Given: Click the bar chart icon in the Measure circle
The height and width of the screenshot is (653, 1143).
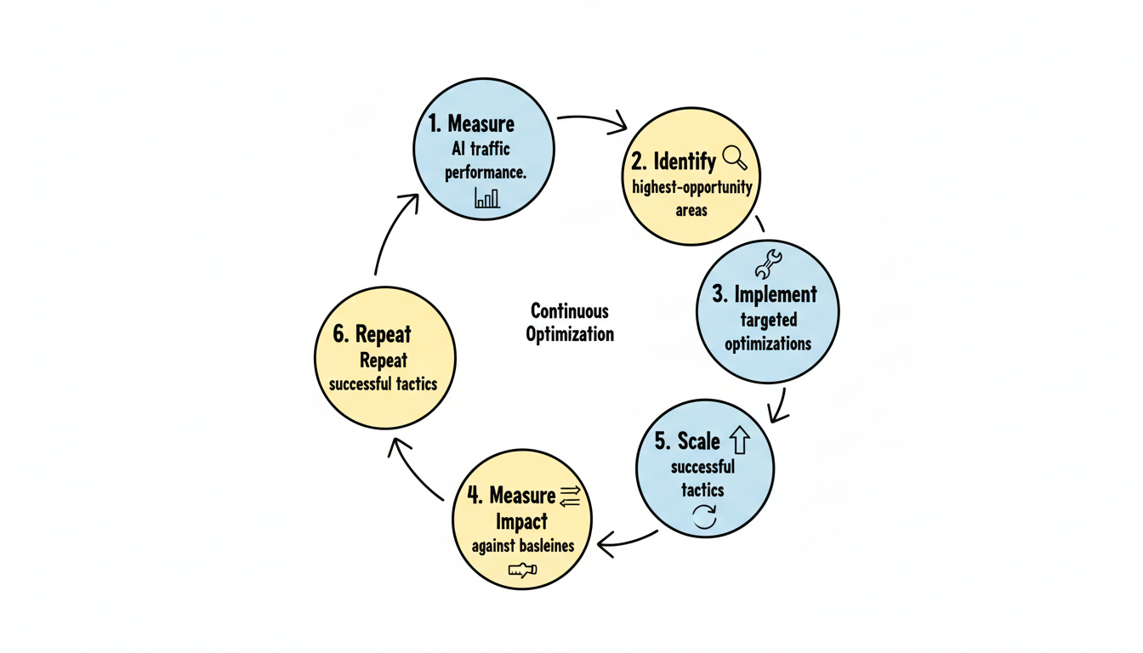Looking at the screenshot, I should tap(487, 198).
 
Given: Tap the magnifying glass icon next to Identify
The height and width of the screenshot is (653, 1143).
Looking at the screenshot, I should tap(734, 158).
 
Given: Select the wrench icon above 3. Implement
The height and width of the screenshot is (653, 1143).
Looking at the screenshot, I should tap(768, 264).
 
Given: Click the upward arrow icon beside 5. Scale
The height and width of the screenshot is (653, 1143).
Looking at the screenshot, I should tap(740, 440).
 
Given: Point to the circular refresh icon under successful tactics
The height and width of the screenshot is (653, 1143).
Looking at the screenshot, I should tap(705, 516).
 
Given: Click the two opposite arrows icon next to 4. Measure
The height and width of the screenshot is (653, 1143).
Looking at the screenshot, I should tap(570, 496).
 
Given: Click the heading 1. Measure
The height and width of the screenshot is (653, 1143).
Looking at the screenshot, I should tap(471, 124).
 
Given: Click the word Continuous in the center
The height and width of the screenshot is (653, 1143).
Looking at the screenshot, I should tap(569, 311).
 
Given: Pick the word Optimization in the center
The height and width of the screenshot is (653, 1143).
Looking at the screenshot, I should tap(569, 334).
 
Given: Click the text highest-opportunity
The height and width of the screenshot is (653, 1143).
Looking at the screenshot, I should tap(691, 187).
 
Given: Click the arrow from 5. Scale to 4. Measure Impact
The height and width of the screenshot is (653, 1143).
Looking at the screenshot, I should tap(628, 541).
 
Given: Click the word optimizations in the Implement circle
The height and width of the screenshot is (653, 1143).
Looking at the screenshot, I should tap(767, 344).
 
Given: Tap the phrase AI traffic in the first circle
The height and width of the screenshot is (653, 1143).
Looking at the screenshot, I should tap(481, 149).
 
